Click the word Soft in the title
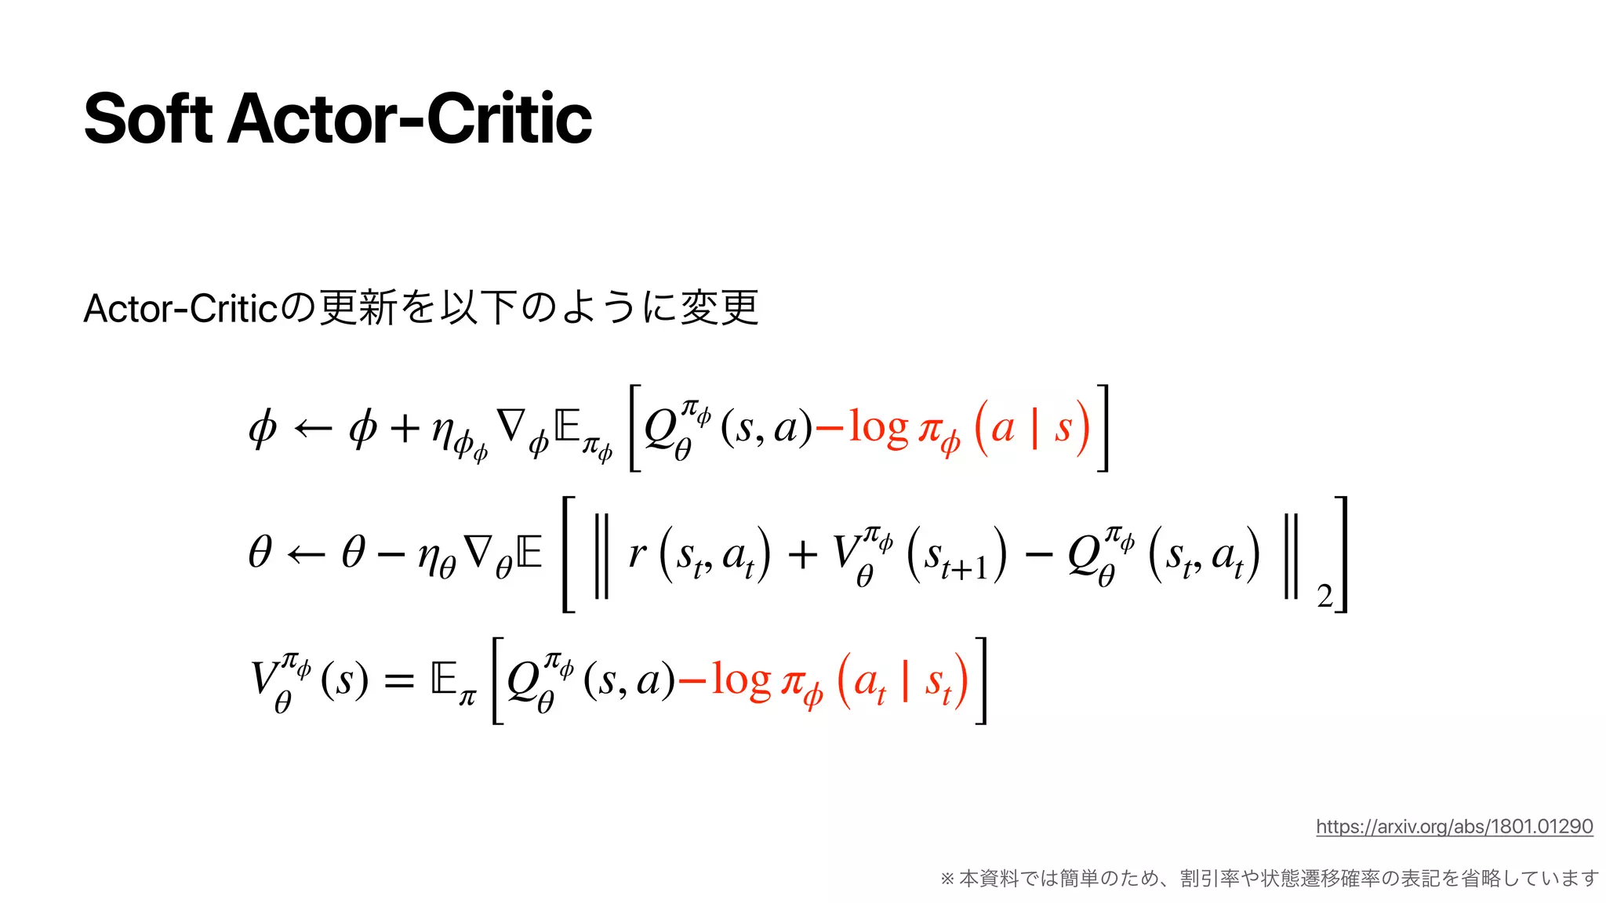[147, 119]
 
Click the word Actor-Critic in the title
[409, 119]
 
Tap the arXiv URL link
[1454, 826]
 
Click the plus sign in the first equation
[405, 429]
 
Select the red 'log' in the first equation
[878, 429]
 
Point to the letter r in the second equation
[637, 553]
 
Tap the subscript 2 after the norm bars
[1324, 597]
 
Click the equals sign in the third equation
[398, 680]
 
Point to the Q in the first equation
[660, 429]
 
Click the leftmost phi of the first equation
[263, 429]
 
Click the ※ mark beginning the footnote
[947, 879]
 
